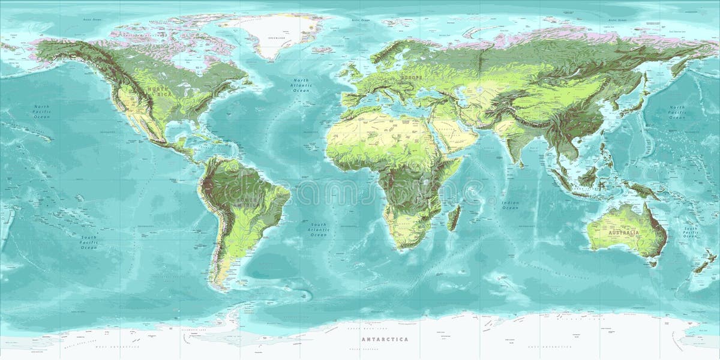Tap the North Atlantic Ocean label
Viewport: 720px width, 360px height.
coord(301,85)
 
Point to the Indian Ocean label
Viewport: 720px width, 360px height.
coord(510,205)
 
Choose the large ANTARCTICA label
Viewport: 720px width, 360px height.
coord(385,339)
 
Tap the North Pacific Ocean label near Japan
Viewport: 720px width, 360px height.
coord(676,112)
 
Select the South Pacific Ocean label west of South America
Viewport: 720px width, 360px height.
coord(89,242)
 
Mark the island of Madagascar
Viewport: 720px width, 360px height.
coord(454,217)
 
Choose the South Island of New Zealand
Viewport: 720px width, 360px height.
coord(701,266)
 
